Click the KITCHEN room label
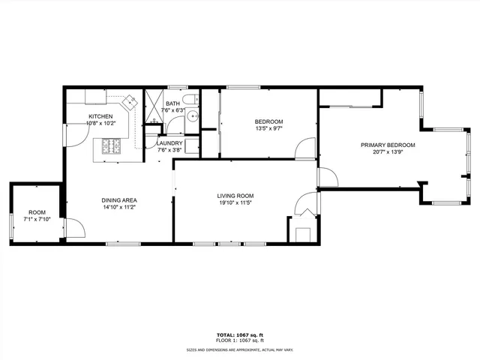100,116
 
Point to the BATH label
172,103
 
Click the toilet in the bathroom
193,99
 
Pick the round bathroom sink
192,115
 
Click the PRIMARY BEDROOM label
388,145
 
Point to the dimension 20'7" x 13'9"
388,152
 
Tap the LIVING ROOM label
235,195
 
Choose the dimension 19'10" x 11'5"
235,202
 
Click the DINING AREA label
119,200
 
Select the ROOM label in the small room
37,212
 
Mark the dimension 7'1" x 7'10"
37,220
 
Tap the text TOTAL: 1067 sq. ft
239,335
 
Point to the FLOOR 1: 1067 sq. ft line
239,341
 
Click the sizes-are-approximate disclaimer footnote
239,349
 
